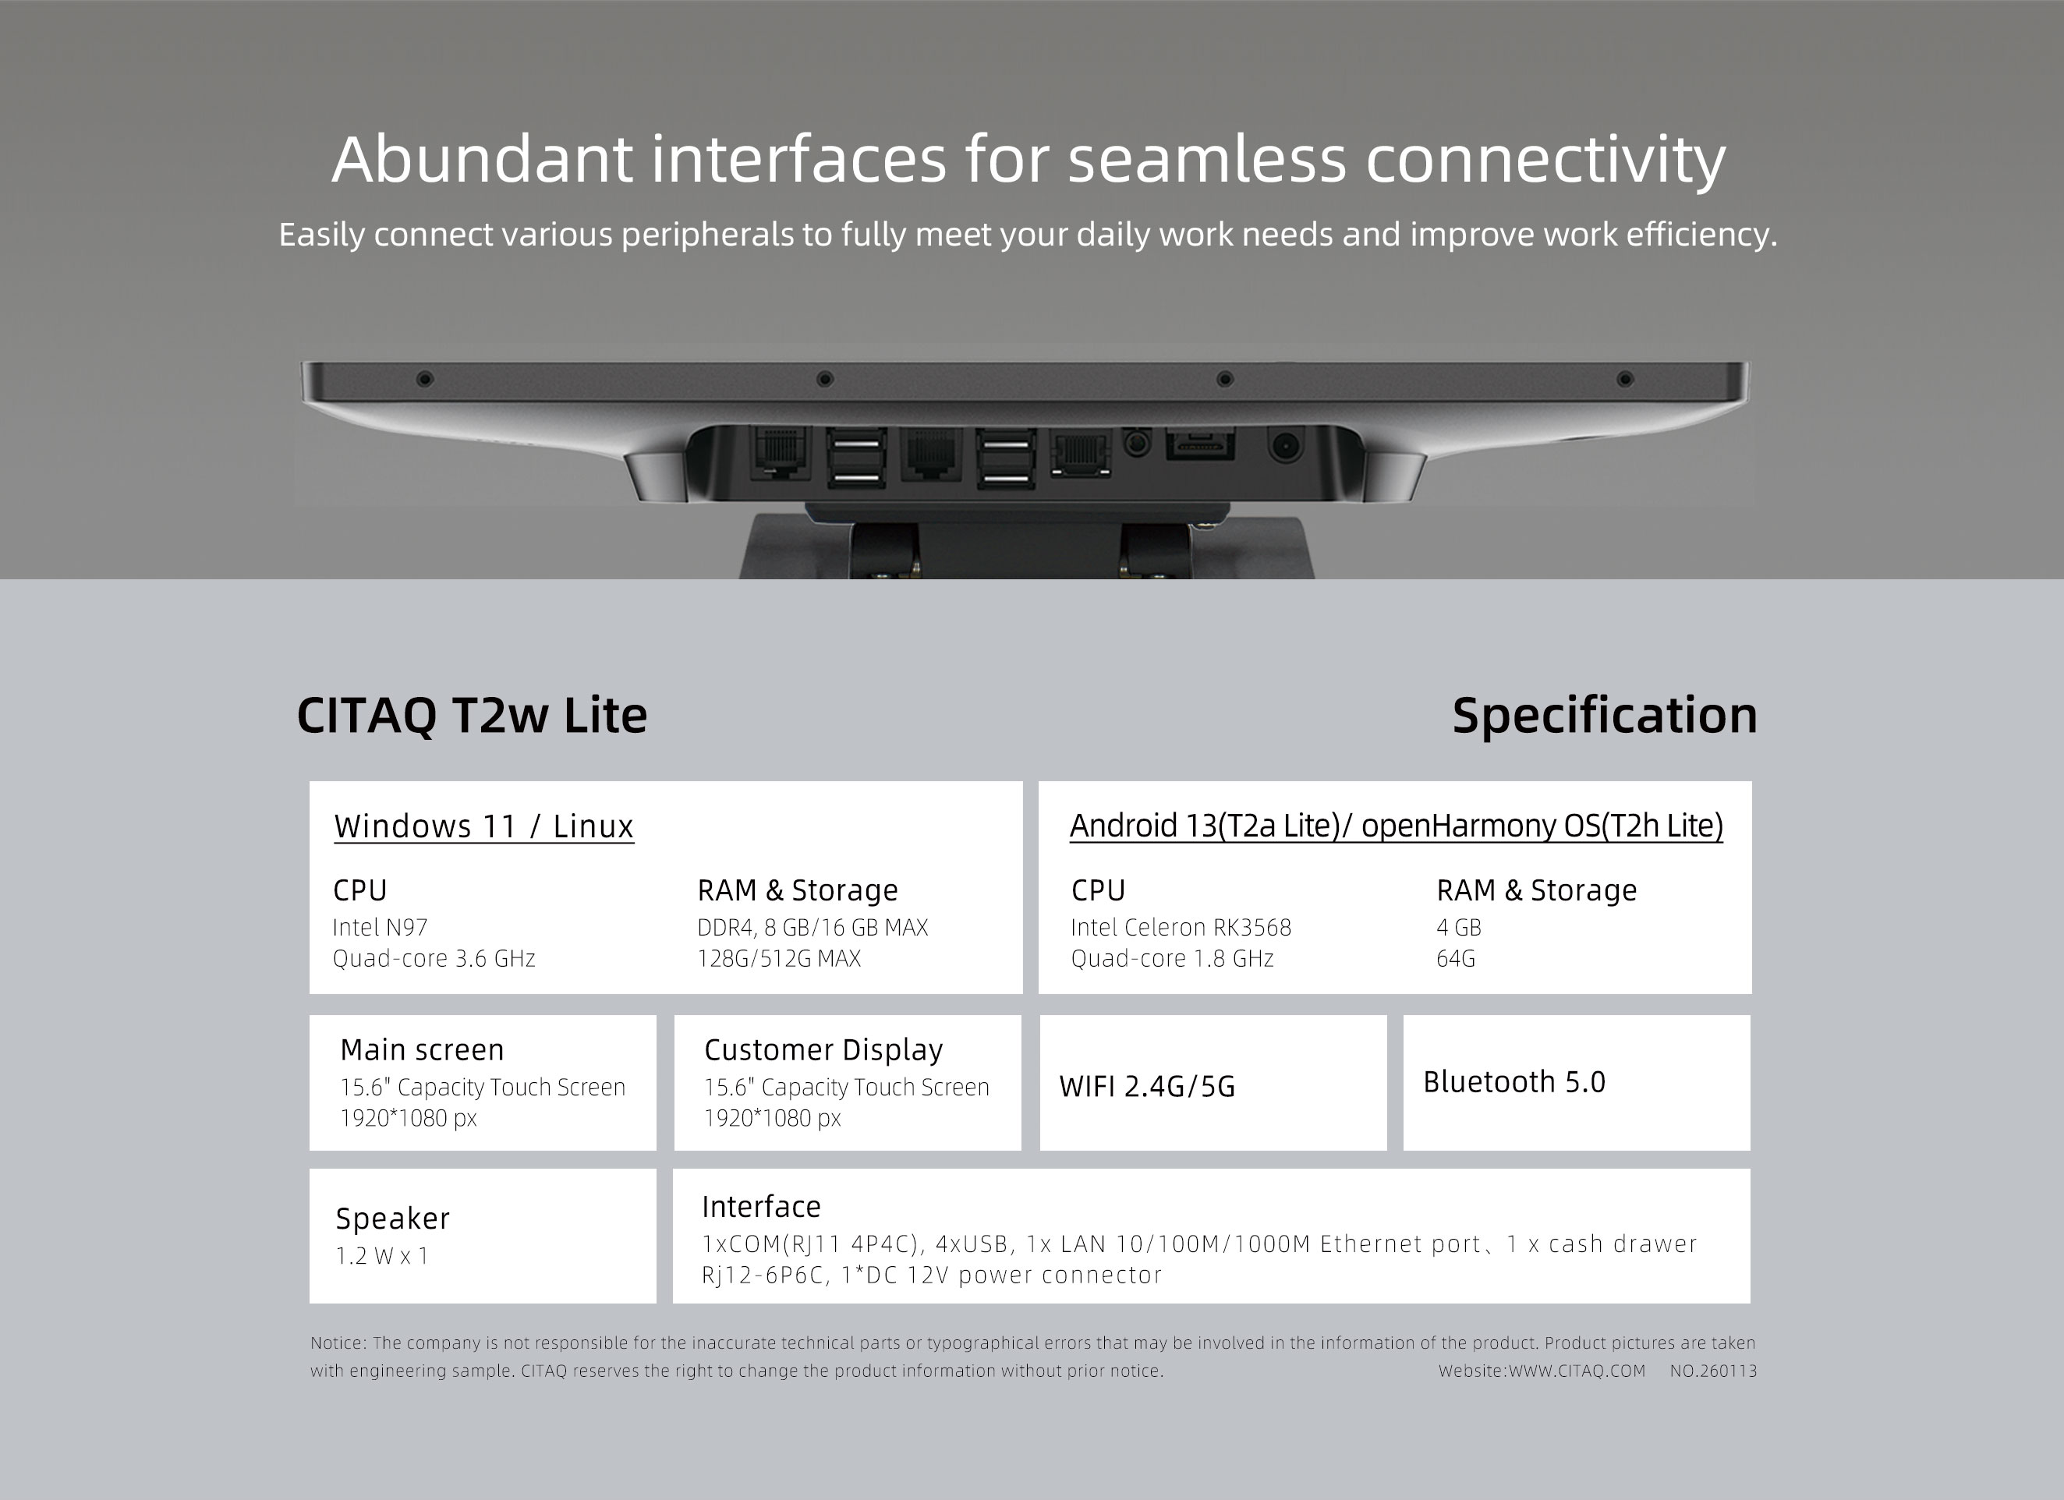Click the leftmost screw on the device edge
point(424,378)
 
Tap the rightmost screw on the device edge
point(1624,378)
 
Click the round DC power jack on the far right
point(1284,446)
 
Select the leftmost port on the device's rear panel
point(780,452)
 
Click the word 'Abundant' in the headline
point(483,159)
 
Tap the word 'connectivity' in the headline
point(1546,160)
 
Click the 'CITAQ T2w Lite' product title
point(473,715)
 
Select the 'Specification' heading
point(1605,716)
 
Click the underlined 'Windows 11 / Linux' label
point(484,826)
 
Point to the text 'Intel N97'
point(380,927)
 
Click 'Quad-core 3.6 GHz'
point(434,958)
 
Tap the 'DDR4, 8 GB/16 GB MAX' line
point(813,928)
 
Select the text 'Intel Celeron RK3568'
point(1181,927)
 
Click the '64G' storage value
point(1455,958)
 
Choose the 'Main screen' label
point(421,1049)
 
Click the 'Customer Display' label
point(823,1049)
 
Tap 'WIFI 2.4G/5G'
point(1147,1086)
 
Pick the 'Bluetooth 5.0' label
point(1514,1081)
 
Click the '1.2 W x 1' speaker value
point(382,1255)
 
